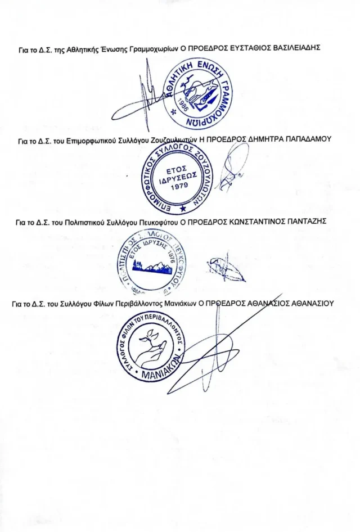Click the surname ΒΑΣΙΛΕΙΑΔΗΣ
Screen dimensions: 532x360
296,49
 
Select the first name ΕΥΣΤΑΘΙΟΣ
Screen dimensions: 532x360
250,49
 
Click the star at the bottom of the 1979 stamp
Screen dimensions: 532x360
182,209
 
